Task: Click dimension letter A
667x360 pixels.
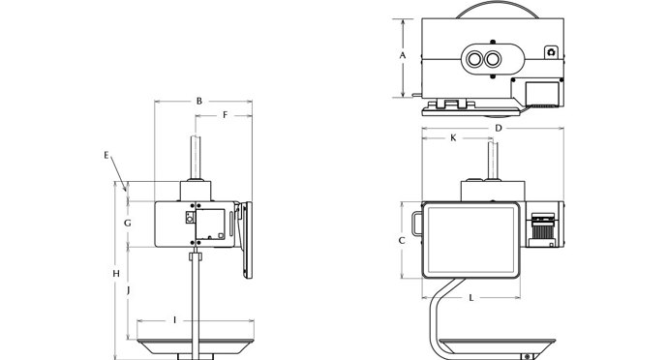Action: [403, 55]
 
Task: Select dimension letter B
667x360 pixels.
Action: [199, 102]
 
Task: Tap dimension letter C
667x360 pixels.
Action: [402, 241]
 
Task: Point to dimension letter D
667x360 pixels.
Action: [499, 128]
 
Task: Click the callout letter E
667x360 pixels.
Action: [106, 155]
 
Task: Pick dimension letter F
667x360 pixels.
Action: [226, 115]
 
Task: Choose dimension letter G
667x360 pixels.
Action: [127, 223]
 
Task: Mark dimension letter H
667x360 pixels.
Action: [116, 274]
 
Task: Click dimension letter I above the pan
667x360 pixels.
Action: [174, 319]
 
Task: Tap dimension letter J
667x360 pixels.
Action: [128, 290]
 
